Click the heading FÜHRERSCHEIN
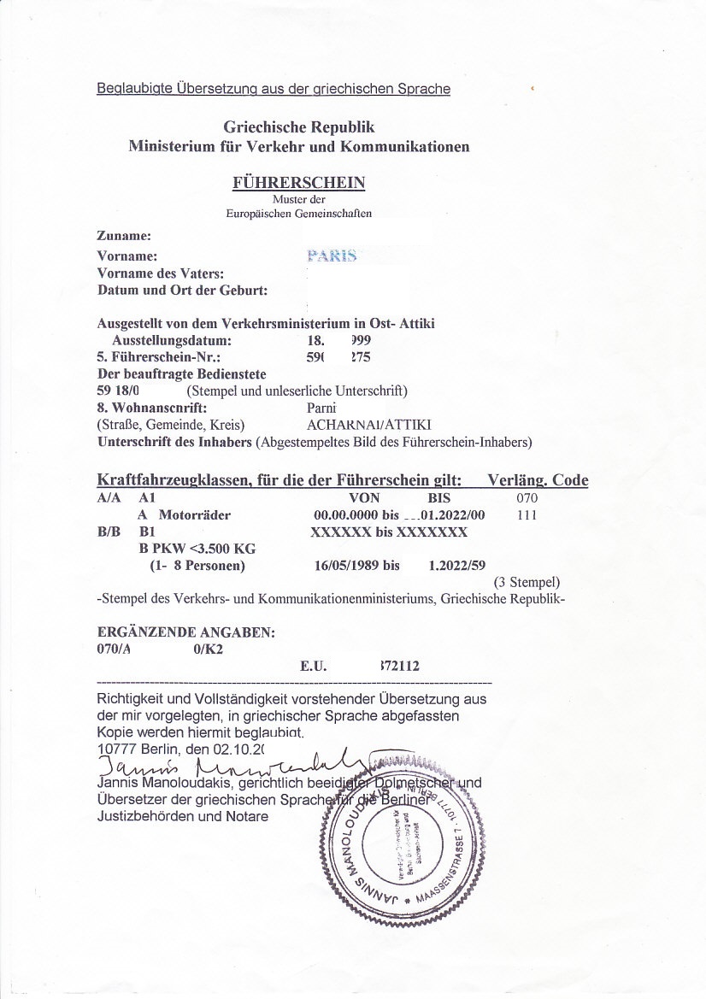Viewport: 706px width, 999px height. (x=298, y=182)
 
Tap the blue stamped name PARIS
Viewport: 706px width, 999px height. (x=331, y=256)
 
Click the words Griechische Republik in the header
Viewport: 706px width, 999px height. (x=299, y=127)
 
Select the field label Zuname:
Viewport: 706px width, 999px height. (x=125, y=235)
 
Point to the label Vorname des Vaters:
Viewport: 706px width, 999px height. (x=162, y=273)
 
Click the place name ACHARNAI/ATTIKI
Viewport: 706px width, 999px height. (x=369, y=425)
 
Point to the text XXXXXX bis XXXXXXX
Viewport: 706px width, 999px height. (x=389, y=532)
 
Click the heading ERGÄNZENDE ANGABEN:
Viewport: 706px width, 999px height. (x=186, y=633)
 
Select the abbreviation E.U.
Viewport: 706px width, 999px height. (x=314, y=666)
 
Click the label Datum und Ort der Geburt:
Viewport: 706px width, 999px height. (x=183, y=290)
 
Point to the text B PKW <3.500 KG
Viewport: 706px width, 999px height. (x=197, y=548)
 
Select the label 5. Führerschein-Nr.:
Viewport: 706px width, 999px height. (x=161, y=357)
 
